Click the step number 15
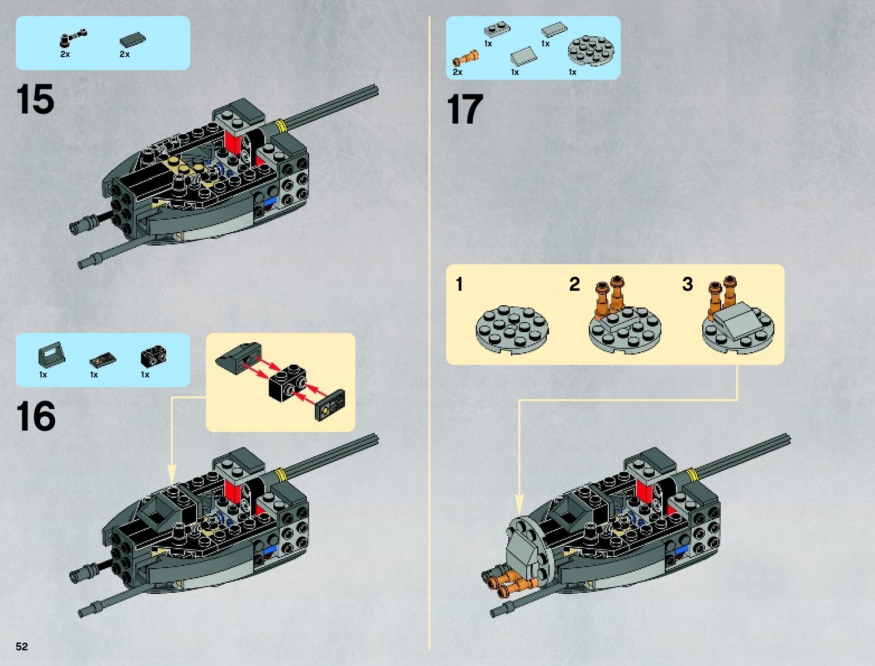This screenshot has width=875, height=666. (35, 99)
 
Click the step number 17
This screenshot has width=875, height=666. (465, 109)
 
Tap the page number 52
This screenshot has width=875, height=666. (22, 646)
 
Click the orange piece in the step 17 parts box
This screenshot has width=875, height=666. (466, 58)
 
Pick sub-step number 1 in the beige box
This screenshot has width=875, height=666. (459, 284)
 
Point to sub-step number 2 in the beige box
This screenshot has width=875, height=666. (574, 284)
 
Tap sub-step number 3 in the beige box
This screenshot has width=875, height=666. (688, 284)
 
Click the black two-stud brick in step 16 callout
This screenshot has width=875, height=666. (287, 383)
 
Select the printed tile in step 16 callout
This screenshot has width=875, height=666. (330, 405)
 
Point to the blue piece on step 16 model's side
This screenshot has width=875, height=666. (271, 550)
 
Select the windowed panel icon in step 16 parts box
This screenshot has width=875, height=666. (51, 354)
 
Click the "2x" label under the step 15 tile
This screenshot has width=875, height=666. (125, 54)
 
